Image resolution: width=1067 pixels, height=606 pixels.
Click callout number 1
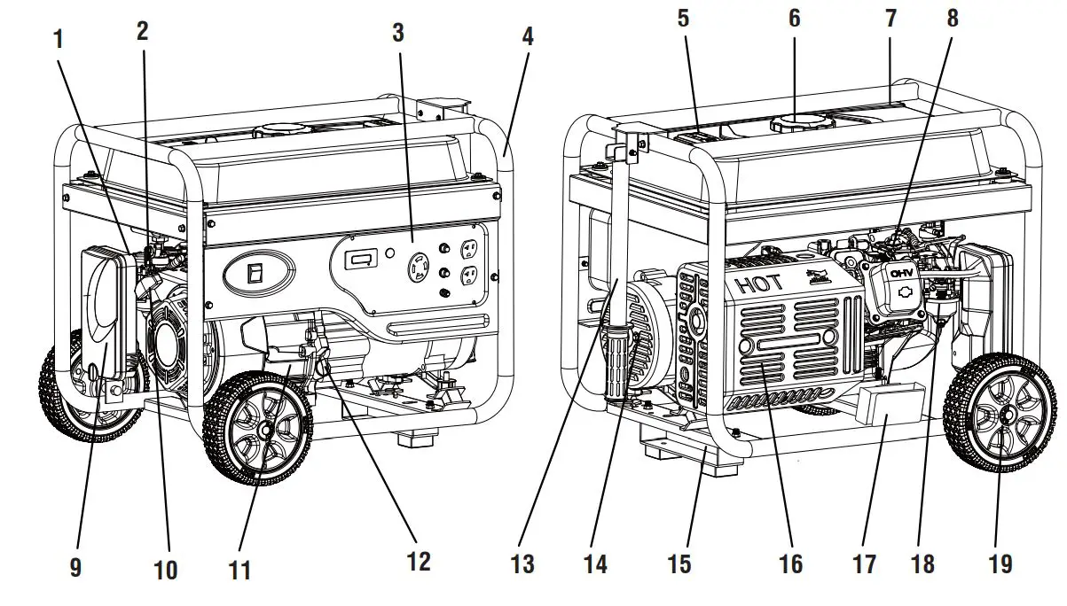click(x=59, y=38)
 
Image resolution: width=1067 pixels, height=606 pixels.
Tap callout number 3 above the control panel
click(x=398, y=33)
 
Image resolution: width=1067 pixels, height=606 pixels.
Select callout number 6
click(x=794, y=18)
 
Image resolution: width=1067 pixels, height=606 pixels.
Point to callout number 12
click(x=418, y=561)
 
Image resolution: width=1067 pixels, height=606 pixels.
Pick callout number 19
click(x=1000, y=563)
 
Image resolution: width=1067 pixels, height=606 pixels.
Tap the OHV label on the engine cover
click(x=902, y=272)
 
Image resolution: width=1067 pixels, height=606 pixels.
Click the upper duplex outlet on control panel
click(x=470, y=252)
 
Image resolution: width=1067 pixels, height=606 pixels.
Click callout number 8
click(x=953, y=18)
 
